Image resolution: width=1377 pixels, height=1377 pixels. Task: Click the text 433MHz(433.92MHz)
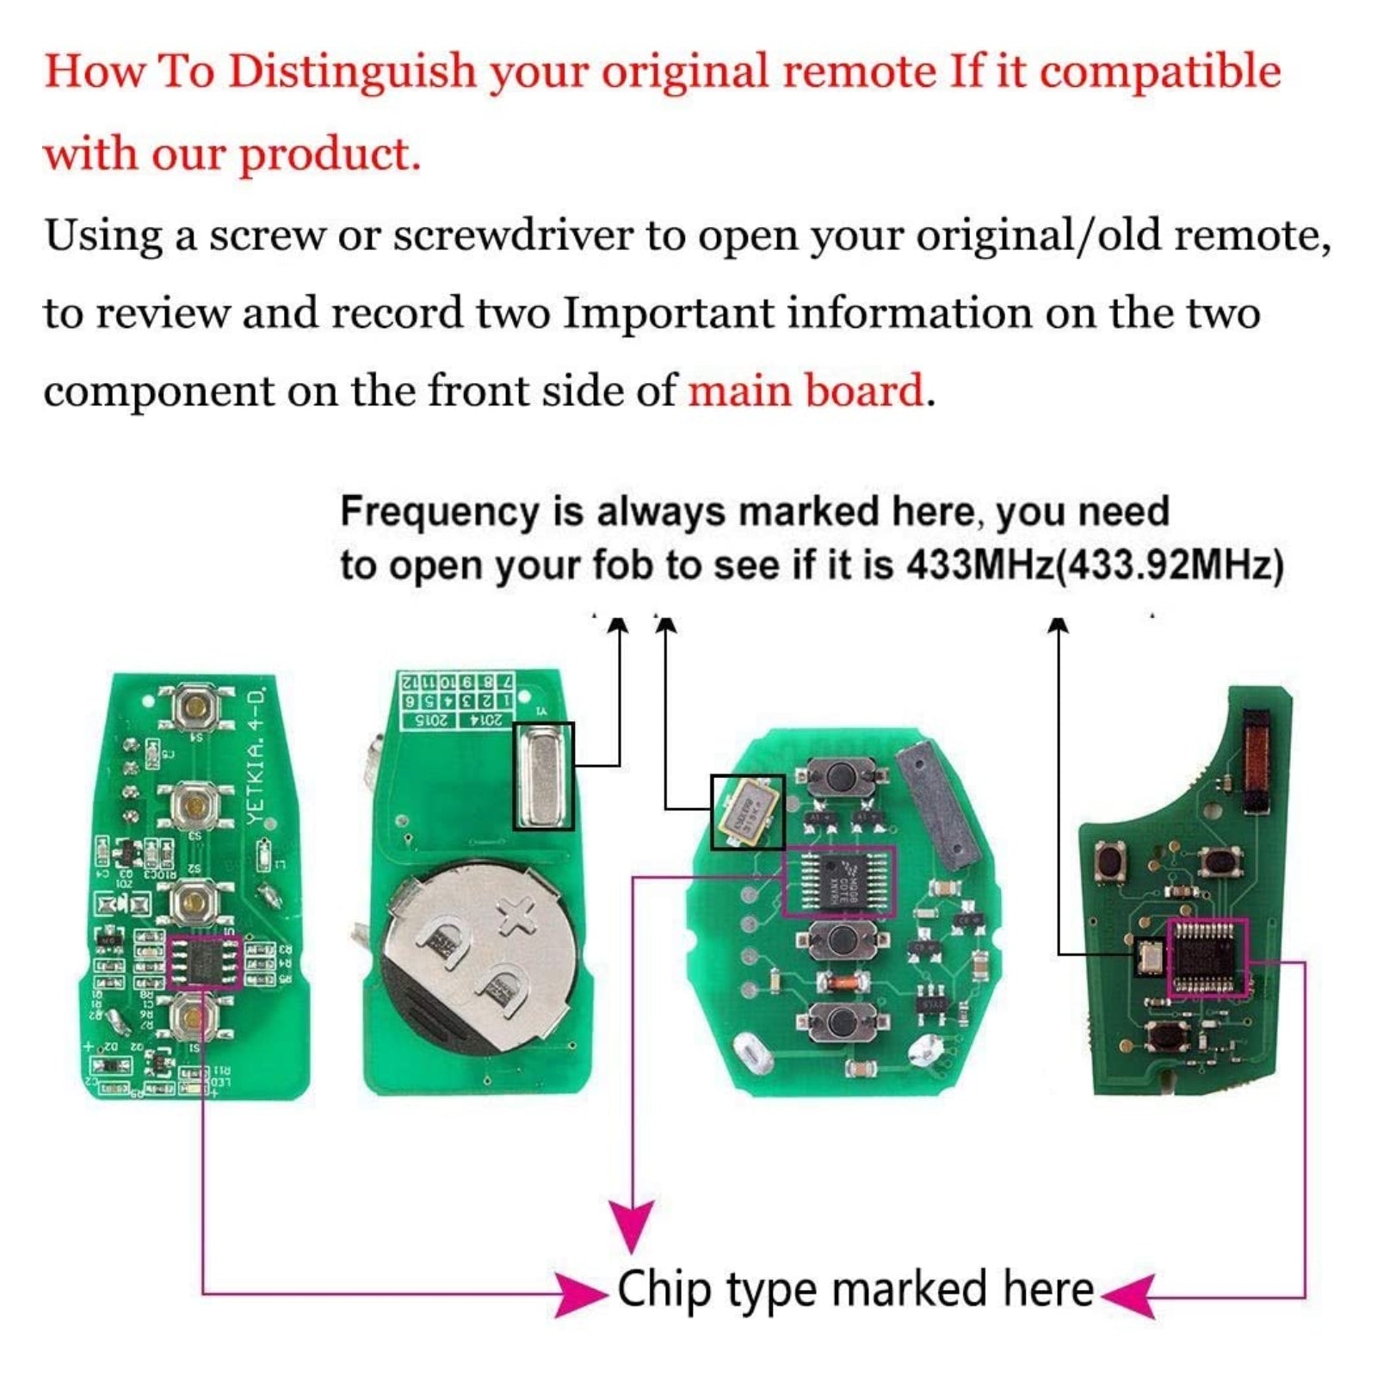[x=1094, y=565]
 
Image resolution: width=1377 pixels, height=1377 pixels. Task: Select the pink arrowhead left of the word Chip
[x=578, y=1294]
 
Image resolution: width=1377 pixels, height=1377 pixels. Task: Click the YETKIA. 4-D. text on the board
[x=256, y=757]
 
